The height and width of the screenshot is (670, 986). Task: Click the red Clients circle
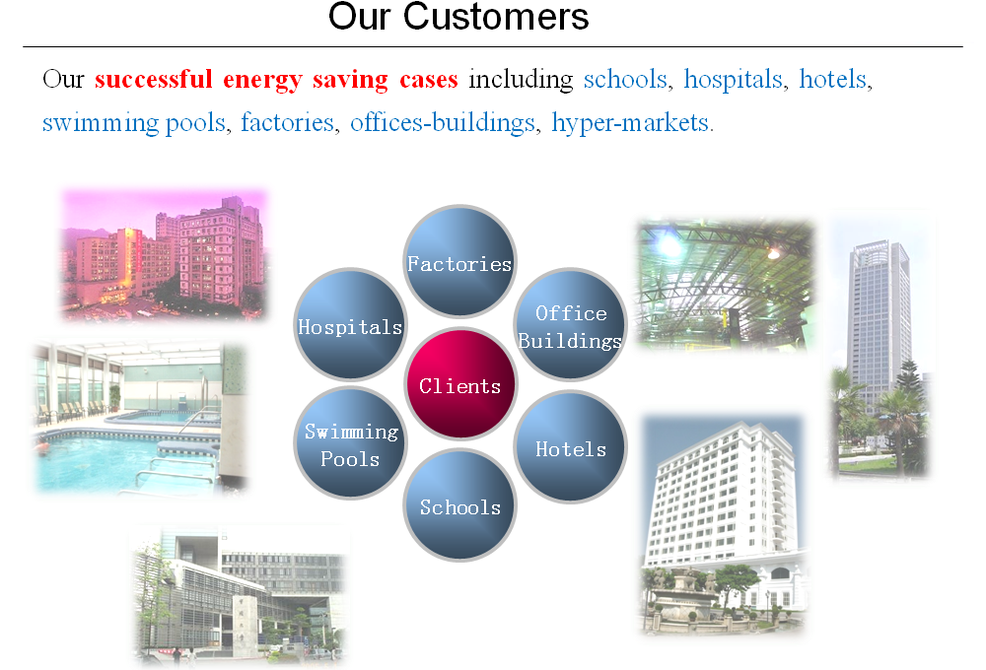pyautogui.click(x=460, y=383)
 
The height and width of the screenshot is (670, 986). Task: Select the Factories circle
pyautogui.click(x=459, y=261)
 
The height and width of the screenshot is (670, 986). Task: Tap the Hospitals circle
pyautogui.click(x=350, y=325)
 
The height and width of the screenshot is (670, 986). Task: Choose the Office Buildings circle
pyautogui.click(x=570, y=324)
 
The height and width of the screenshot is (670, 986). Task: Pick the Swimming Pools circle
pyautogui.click(x=350, y=443)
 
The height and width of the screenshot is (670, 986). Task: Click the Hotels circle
pyautogui.click(x=570, y=447)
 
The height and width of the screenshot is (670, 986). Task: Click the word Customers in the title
pyautogui.click(x=496, y=17)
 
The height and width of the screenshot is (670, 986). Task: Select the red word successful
pyautogui.click(x=154, y=79)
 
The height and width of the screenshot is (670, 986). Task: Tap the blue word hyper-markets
pyautogui.click(x=633, y=122)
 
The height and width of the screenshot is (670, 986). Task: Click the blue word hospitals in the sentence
pyautogui.click(x=734, y=80)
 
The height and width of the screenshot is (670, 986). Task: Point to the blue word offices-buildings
pyautogui.click(x=443, y=122)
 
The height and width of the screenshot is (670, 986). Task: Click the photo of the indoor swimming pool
pyautogui.click(x=140, y=419)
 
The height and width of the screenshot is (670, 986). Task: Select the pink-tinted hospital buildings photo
pyautogui.click(x=164, y=254)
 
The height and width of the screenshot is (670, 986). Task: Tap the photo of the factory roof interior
pyautogui.click(x=725, y=284)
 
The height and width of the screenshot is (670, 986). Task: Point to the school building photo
pyautogui.click(x=240, y=596)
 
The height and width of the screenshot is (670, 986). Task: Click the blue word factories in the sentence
pyautogui.click(x=287, y=122)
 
